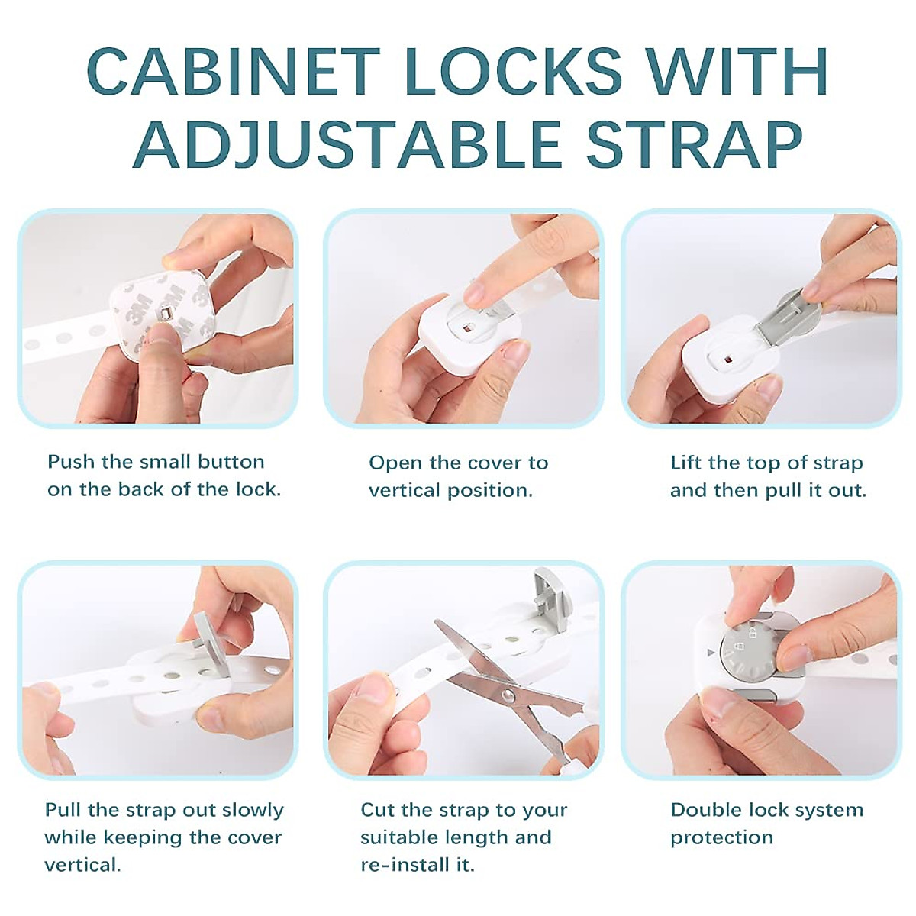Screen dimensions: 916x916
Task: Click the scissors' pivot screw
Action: point(505,695)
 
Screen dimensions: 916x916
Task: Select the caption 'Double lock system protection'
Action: point(766,824)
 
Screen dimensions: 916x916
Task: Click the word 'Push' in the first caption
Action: point(71,462)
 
